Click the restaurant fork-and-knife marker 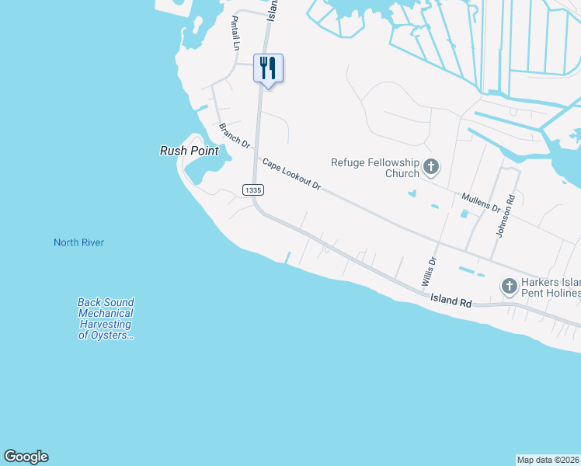click(268, 68)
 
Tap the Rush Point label click(189, 151)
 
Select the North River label click(78, 242)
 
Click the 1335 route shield click(252, 190)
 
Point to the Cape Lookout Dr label click(291, 175)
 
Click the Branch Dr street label click(234, 135)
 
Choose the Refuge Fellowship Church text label click(375, 168)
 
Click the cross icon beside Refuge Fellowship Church click(431, 166)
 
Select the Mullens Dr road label click(481, 203)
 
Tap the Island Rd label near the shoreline click(451, 300)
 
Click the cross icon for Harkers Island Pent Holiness click(509, 287)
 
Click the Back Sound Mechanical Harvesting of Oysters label click(106, 318)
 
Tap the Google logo click(26, 457)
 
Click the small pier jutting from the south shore click(289, 257)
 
